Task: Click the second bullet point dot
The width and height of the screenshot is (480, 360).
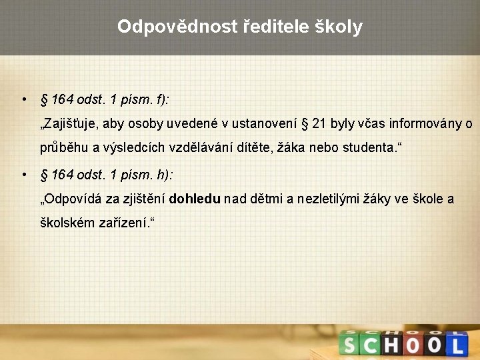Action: [x=23, y=175]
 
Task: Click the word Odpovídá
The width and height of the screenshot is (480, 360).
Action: [x=72, y=199]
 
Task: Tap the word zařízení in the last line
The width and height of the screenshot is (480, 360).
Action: [x=120, y=223]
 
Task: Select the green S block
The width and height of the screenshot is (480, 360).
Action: [x=349, y=345]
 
